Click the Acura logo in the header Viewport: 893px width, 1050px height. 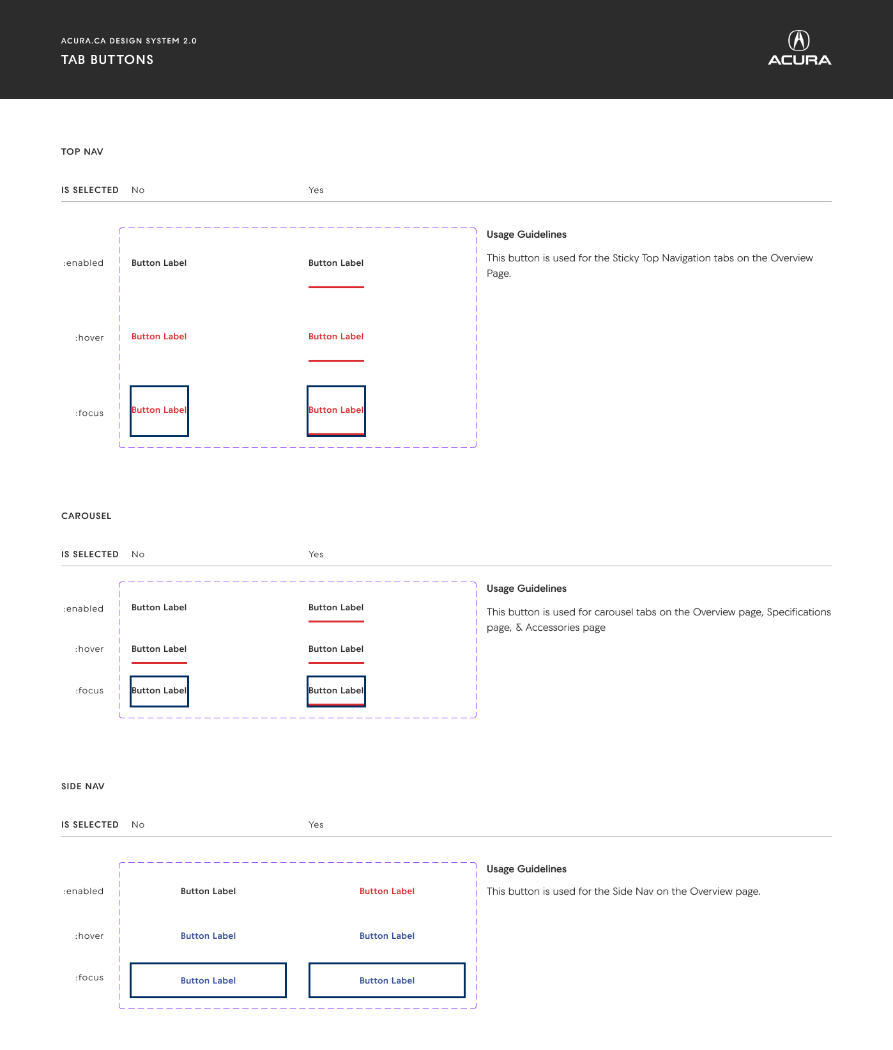click(799, 48)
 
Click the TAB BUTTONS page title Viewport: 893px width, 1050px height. click(107, 59)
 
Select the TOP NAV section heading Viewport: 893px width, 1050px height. click(82, 151)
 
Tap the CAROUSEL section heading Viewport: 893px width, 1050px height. click(86, 516)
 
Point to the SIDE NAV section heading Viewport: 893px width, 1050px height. click(83, 786)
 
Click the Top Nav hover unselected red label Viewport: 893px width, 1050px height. click(159, 336)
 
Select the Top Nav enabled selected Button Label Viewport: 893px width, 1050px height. click(336, 263)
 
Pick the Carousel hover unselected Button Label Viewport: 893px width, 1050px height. click(159, 649)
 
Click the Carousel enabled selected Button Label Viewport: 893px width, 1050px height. click(336, 607)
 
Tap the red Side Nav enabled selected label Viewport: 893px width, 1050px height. click(387, 891)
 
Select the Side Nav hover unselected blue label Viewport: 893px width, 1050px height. click(208, 936)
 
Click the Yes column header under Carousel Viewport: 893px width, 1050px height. click(316, 554)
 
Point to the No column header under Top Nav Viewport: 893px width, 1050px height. click(138, 190)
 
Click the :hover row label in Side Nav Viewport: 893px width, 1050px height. click(89, 936)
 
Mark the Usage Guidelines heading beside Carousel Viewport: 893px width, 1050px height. click(526, 589)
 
